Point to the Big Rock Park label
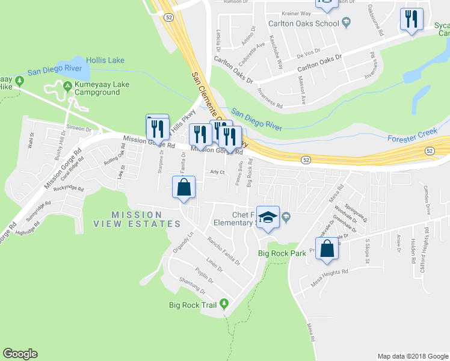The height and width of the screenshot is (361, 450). [x=282, y=253]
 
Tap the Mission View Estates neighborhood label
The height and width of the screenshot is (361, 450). [x=137, y=219]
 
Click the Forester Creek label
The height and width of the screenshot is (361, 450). [x=411, y=137]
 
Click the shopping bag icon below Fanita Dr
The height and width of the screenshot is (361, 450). [x=184, y=187]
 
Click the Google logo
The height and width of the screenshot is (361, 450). [x=20, y=354]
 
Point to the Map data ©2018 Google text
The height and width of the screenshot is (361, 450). [x=412, y=356]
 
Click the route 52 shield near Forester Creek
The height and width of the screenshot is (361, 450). [x=306, y=159]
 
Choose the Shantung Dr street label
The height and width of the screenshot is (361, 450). [x=193, y=288]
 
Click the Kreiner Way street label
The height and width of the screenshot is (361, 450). [x=295, y=13]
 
